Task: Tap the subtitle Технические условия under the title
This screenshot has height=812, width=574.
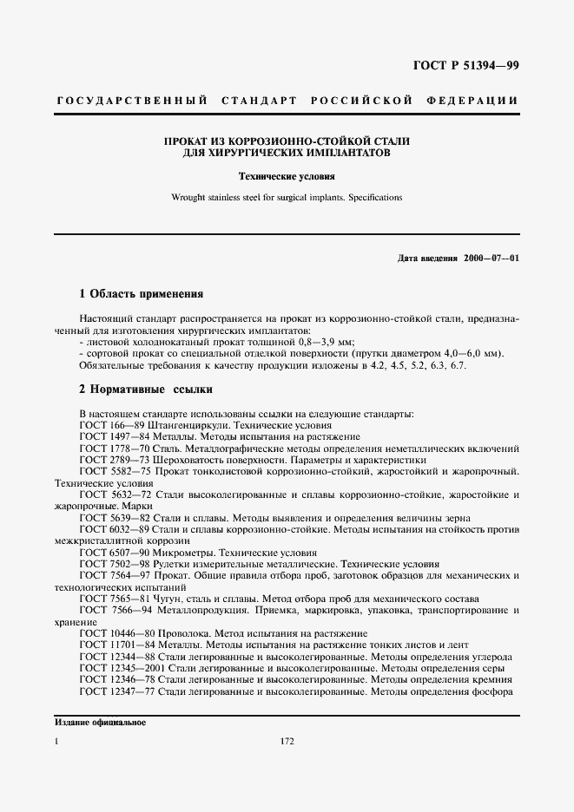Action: point(287,175)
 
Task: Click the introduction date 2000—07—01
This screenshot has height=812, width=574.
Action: point(491,259)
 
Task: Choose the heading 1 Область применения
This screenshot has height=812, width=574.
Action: point(141,293)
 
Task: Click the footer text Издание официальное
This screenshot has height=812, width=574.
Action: point(100,722)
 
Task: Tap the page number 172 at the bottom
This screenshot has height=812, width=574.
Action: point(287,742)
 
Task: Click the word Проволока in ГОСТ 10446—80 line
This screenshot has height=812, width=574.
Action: point(195,633)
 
